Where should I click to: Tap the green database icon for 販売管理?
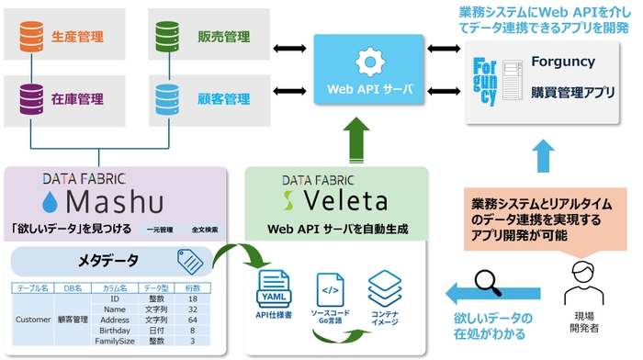click(x=167, y=38)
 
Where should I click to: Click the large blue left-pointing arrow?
click(x=473, y=293)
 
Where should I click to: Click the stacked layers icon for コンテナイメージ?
click(x=382, y=287)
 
